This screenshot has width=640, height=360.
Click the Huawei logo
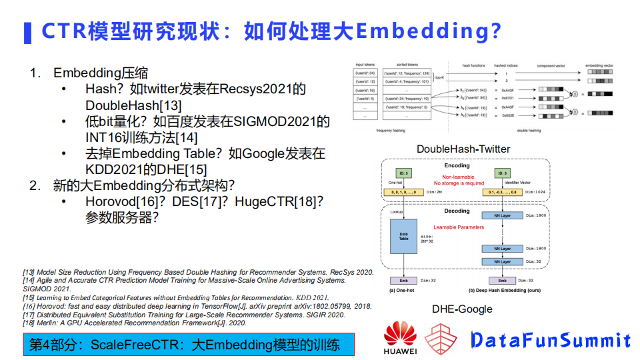[x=400, y=337]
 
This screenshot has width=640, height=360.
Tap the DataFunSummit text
[x=551, y=340]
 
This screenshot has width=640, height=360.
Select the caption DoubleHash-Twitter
[x=463, y=149]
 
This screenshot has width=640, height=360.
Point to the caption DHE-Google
[x=462, y=309]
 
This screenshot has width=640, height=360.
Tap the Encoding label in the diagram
[x=457, y=165]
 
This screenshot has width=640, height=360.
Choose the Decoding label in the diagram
[x=457, y=211]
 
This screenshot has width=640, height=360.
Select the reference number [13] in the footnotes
[x=29, y=272]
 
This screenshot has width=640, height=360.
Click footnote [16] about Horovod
[x=193, y=306]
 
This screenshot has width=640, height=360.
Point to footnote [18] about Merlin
[x=133, y=323]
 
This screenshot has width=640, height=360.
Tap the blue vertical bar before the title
[x=27, y=32]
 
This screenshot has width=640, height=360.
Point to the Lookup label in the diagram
[x=396, y=211]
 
